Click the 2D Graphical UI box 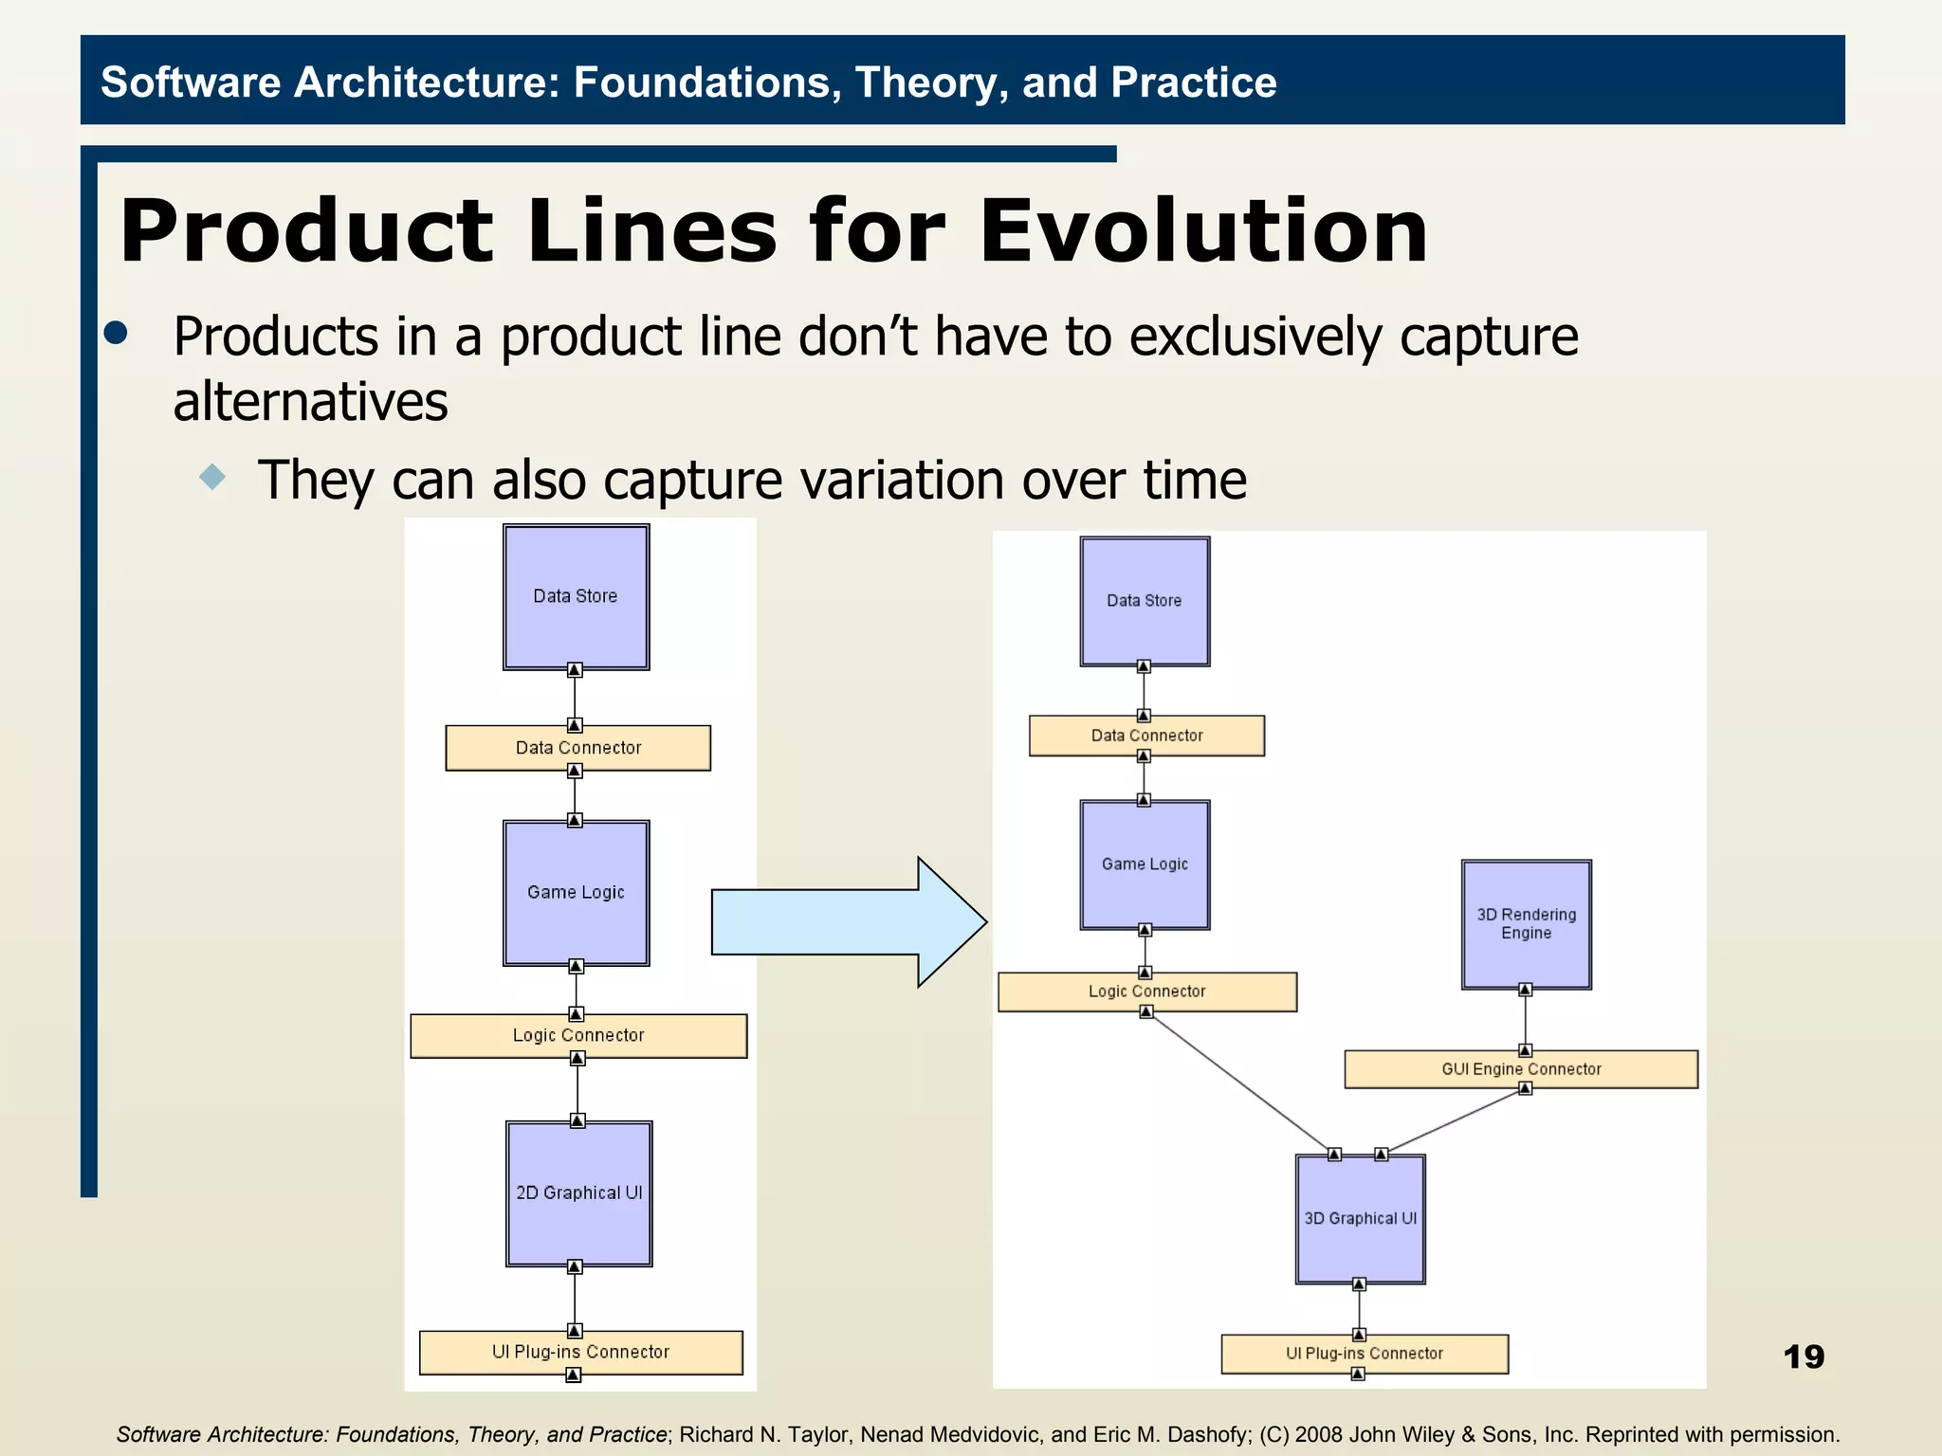pos(578,1192)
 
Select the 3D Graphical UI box pos(1360,1218)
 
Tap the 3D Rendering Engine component pos(1526,924)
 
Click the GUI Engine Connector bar pos(1520,1068)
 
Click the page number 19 pos(1803,1356)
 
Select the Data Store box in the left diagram pos(576,596)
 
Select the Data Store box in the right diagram pos(1145,601)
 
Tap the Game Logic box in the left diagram pos(576,892)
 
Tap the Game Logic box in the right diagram pos(1145,864)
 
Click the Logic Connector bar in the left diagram pos(577,1035)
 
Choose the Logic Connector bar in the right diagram pos(1146,992)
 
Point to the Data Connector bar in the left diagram pos(577,748)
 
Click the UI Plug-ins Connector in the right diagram pos(1364,1354)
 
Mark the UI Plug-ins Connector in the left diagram pos(580,1352)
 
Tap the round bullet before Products pos(116,333)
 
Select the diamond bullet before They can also pos(213,476)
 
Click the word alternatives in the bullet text pos(310,401)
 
